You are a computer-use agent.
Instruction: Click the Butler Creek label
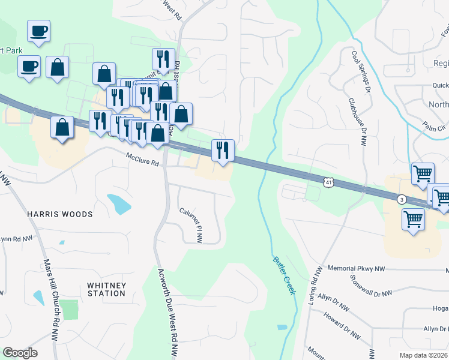click(285, 275)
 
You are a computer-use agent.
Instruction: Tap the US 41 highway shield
click(327, 181)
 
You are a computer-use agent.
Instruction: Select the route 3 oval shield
click(402, 199)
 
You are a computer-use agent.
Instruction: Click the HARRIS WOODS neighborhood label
click(59, 214)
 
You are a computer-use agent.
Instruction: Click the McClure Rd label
click(142, 159)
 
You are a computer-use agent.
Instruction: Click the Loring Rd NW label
click(313, 286)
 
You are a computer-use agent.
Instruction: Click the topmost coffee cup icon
click(38, 31)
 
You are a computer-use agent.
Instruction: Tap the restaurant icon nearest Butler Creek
click(223, 150)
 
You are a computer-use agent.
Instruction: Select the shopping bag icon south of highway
click(62, 127)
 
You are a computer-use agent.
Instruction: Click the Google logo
click(20, 353)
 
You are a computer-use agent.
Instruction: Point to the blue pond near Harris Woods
click(119, 204)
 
